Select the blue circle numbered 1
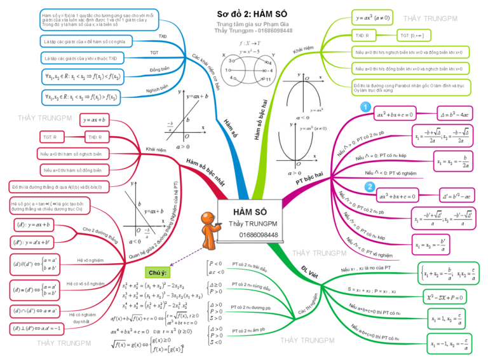(364, 109)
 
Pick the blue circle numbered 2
(369, 187)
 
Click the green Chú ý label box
(157, 273)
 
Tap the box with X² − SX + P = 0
(449, 297)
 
